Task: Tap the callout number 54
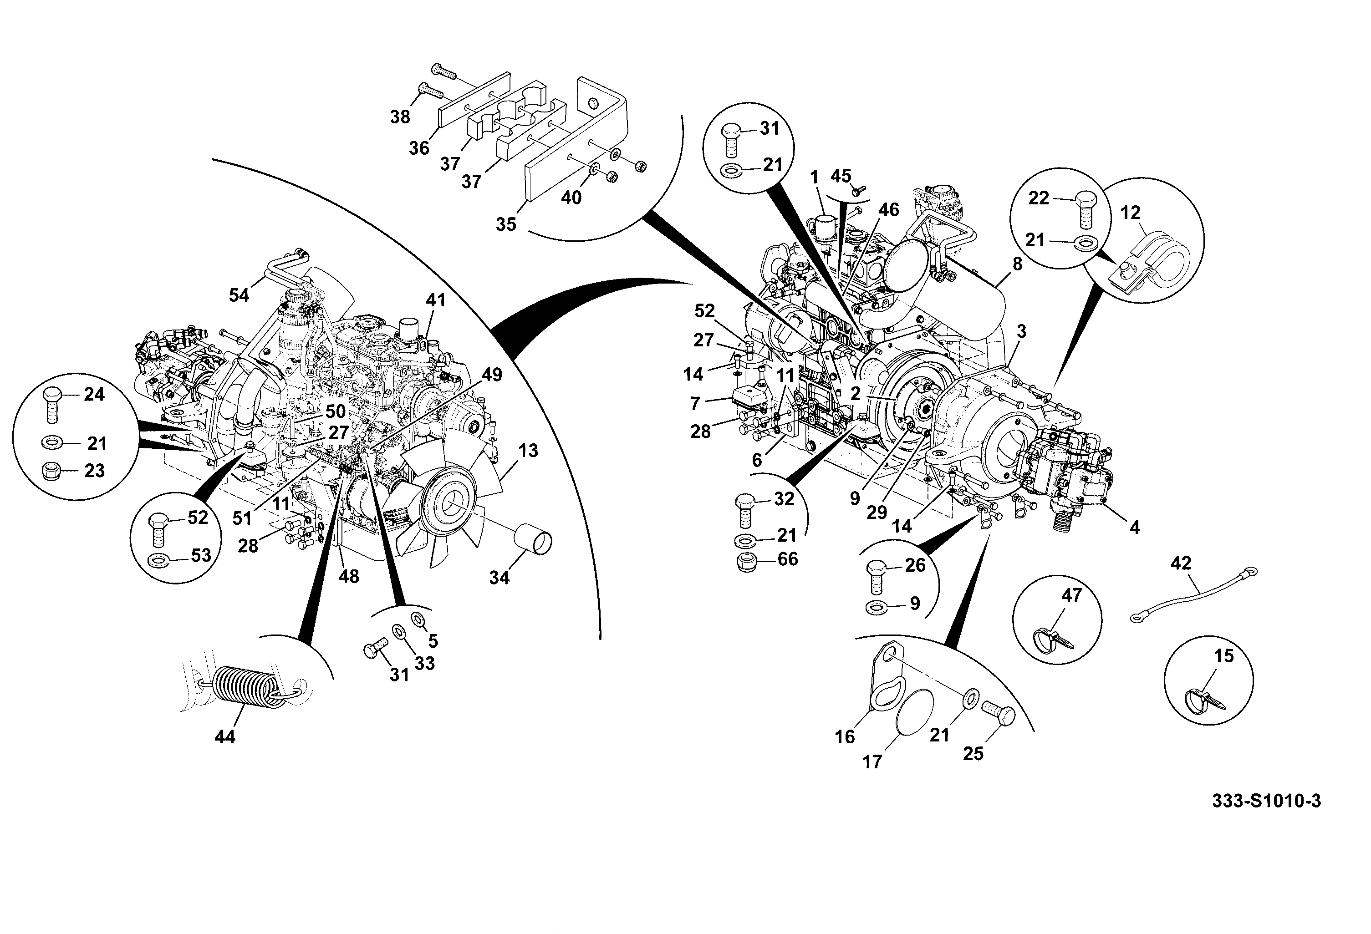tap(239, 295)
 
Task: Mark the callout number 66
tap(788, 559)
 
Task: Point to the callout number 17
tap(872, 762)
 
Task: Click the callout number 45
tap(841, 176)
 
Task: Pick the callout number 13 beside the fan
tap(528, 451)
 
